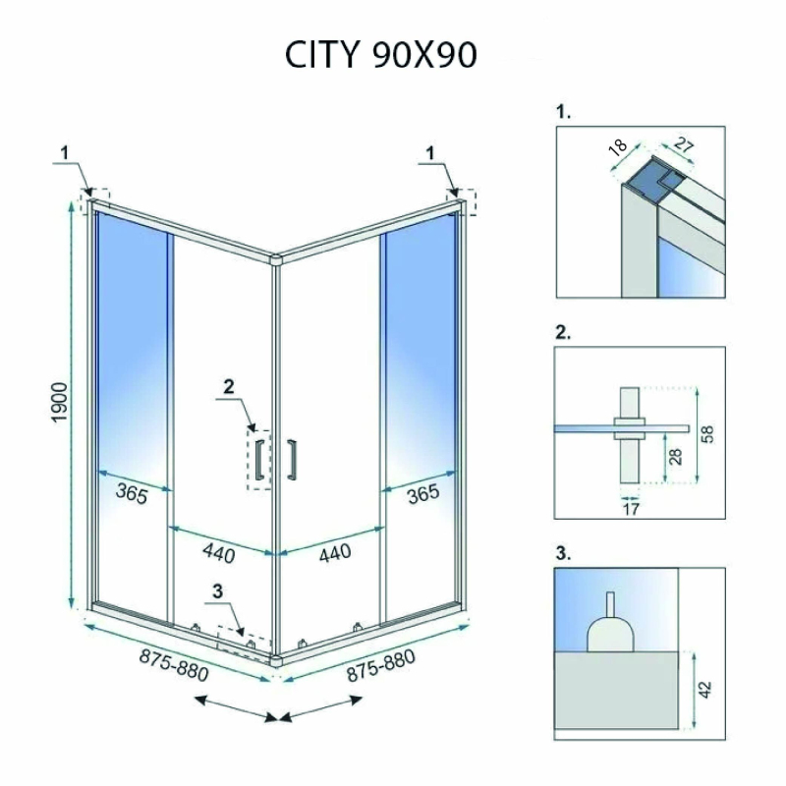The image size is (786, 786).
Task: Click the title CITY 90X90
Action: click(380, 54)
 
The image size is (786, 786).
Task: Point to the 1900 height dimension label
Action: click(60, 402)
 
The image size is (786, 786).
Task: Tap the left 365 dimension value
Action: click(132, 494)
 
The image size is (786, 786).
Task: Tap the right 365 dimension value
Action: click(423, 494)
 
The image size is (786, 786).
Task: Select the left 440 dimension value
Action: click(219, 553)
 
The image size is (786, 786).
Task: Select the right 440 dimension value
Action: click(335, 553)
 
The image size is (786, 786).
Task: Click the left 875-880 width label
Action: click(174, 666)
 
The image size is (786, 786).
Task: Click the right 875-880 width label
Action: click(381, 666)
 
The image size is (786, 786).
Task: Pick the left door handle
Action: click(259, 460)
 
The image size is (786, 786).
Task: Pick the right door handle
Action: click(292, 460)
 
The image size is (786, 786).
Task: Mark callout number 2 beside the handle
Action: click(229, 386)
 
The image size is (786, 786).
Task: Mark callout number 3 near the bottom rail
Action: click(217, 591)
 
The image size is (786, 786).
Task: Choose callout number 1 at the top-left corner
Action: click(65, 153)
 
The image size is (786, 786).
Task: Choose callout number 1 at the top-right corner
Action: click(430, 153)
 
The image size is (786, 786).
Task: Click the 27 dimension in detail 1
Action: click(683, 144)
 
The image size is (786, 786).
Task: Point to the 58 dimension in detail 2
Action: click(707, 434)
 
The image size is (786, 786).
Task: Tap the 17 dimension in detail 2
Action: click(632, 509)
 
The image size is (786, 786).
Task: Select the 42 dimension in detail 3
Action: click(704, 689)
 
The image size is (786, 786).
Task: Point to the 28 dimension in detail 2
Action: click(675, 456)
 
